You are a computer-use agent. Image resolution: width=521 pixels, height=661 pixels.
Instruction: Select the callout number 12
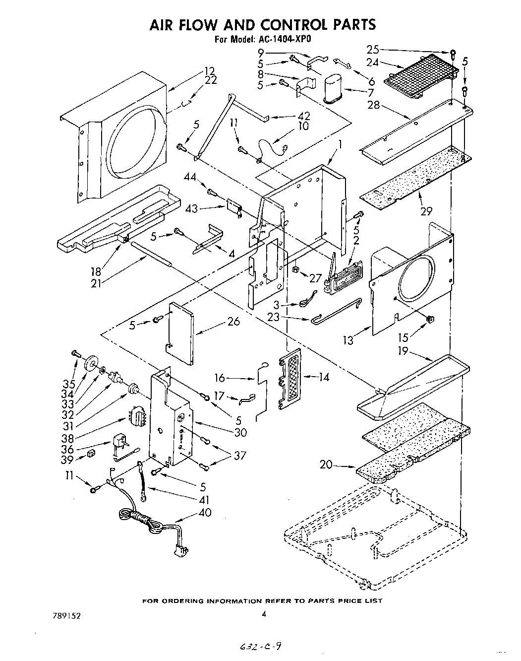point(210,70)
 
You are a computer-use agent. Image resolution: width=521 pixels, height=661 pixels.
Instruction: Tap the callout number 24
point(373,62)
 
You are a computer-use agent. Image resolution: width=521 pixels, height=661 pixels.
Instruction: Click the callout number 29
point(426,211)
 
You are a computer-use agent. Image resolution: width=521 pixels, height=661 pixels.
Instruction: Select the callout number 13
point(348,340)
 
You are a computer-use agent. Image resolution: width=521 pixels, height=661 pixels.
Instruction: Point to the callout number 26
point(233,322)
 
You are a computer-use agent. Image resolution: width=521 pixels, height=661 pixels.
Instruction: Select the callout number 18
point(95,271)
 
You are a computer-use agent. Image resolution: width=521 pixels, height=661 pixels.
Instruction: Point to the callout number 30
point(240,432)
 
